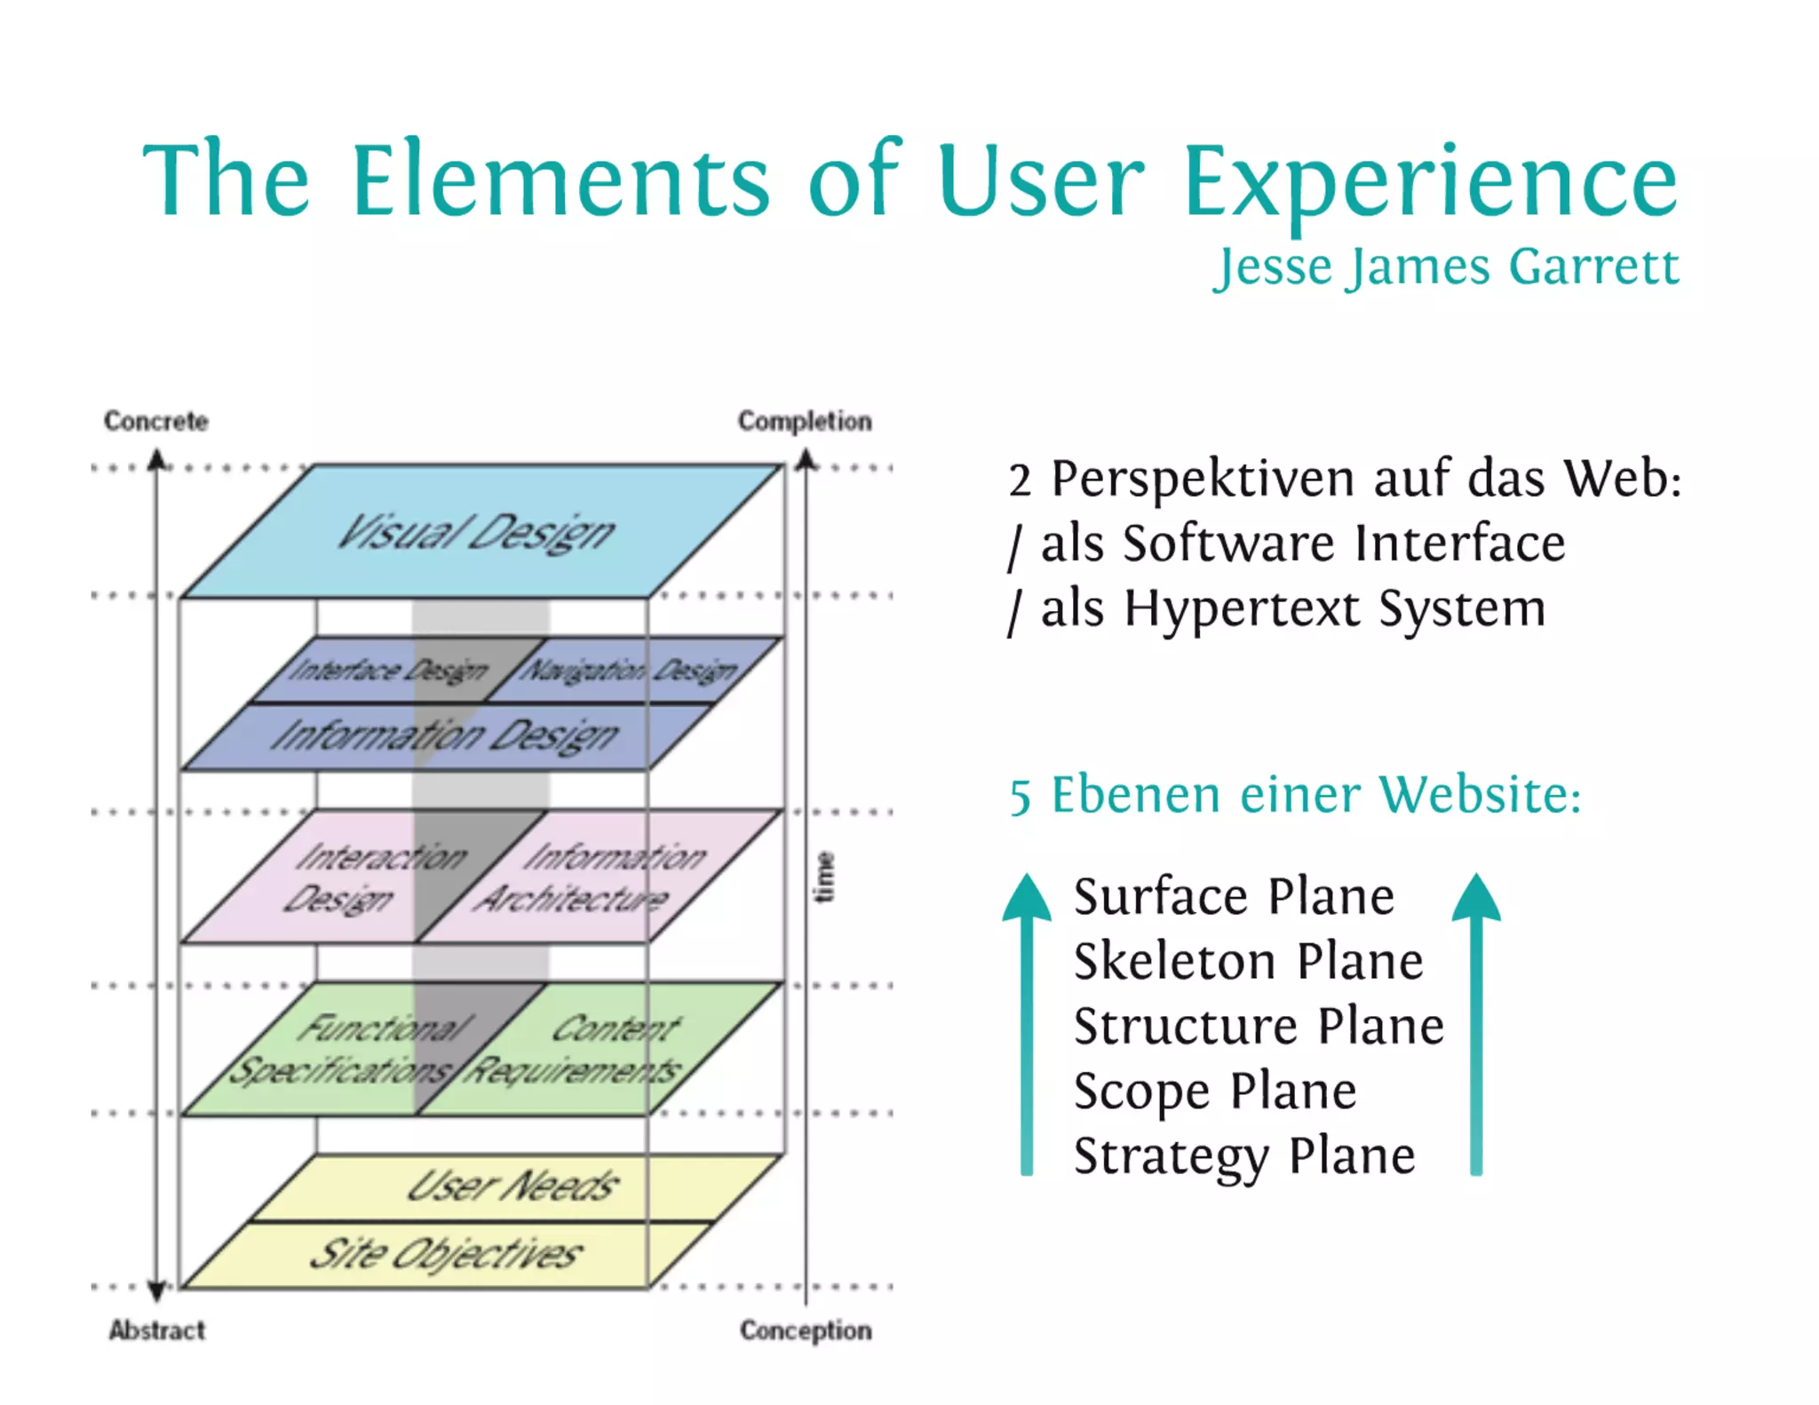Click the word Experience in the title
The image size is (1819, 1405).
1430,182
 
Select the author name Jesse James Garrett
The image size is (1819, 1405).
1446,266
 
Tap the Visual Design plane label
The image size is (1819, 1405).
476,533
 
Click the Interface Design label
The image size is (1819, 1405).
389,671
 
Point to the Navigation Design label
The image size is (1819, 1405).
628,671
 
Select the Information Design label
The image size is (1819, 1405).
444,736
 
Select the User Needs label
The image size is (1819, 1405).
512,1187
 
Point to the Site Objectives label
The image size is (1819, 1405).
446,1254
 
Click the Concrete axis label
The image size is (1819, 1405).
156,421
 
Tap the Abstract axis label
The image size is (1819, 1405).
157,1330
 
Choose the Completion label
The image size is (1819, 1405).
805,421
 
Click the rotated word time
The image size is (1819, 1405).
825,877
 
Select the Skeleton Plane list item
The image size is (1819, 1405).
1248,962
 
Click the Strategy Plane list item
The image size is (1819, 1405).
1243,1156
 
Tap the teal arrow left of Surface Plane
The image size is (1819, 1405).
1027,1021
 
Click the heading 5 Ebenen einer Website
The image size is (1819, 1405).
1295,795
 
